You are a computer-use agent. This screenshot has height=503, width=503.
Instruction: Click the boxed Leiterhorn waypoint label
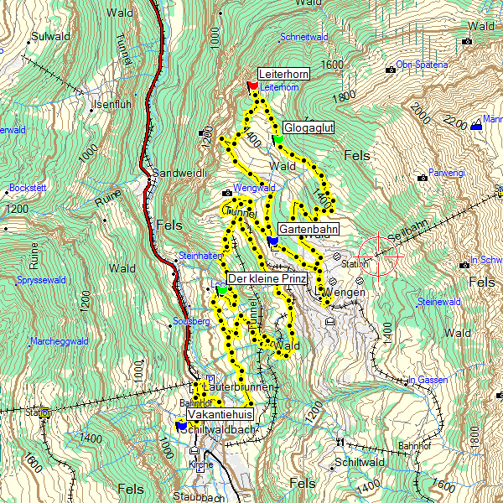click(283, 75)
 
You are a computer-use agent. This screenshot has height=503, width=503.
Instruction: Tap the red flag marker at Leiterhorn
click(252, 86)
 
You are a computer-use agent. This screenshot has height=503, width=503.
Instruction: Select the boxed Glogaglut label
click(309, 127)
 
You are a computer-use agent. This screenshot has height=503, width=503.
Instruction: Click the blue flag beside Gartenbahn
click(272, 241)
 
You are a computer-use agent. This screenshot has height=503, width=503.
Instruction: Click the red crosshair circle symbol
click(378, 254)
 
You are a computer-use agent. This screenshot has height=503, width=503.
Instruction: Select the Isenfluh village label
click(113, 105)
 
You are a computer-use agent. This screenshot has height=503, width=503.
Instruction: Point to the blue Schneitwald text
click(303, 37)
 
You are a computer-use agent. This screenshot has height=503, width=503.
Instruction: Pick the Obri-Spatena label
click(422, 65)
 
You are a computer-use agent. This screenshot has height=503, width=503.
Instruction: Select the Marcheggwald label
click(59, 341)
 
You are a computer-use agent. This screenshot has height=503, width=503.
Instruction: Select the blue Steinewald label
click(439, 301)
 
